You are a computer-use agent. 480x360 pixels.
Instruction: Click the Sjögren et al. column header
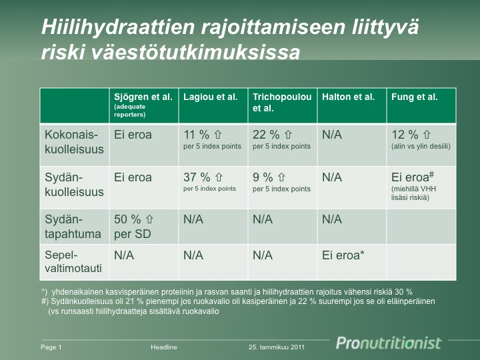pyautogui.click(x=143, y=97)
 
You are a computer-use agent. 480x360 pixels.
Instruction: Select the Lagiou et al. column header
pyautogui.click(x=210, y=97)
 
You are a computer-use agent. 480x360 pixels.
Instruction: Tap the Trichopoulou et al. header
pyautogui.click(x=282, y=103)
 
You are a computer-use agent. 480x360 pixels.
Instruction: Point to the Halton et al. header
pyautogui.click(x=348, y=97)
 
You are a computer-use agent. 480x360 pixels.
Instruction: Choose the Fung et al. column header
pyautogui.click(x=414, y=97)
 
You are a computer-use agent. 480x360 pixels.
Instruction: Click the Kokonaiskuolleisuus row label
pyautogui.click(x=74, y=142)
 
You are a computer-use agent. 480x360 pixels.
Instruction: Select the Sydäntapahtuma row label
pyautogui.click(x=73, y=227)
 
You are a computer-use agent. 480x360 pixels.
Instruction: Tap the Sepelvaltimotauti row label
pyautogui.click(x=73, y=262)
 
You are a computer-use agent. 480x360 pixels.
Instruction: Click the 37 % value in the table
pyautogui.click(x=197, y=177)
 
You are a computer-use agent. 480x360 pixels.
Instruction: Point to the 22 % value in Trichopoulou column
pyautogui.click(x=266, y=135)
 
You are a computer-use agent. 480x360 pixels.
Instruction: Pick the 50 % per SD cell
pyautogui.click(x=133, y=227)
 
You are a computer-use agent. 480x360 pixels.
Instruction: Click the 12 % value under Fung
pyautogui.click(x=405, y=135)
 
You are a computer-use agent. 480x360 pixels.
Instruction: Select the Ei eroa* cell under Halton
pyautogui.click(x=343, y=255)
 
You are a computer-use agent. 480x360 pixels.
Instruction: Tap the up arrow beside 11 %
pyautogui.click(x=217, y=135)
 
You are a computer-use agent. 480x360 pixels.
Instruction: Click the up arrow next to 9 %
pyautogui.click(x=281, y=177)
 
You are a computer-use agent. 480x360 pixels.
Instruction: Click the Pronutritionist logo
pyautogui.click(x=389, y=343)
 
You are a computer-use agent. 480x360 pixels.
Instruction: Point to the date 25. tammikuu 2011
pyautogui.click(x=277, y=347)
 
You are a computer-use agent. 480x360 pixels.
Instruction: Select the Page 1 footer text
pyautogui.click(x=51, y=347)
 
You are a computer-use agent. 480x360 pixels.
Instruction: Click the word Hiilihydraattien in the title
pyautogui.click(x=118, y=27)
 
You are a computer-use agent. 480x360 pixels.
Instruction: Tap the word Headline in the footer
pyautogui.click(x=164, y=347)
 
